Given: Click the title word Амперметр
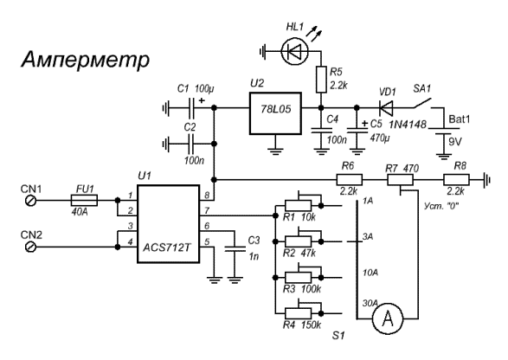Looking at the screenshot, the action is pyautogui.click(x=85, y=60).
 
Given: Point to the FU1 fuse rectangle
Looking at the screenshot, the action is pyautogui.click(x=84, y=201).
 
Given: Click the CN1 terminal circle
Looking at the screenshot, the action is pyautogui.click(x=31, y=201).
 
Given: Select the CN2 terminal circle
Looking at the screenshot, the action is pyautogui.click(x=31, y=247).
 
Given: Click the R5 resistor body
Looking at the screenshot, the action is pyautogui.click(x=321, y=80).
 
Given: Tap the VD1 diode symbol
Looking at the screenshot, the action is pyautogui.click(x=386, y=107).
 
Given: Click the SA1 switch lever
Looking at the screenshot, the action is pyautogui.click(x=422, y=102).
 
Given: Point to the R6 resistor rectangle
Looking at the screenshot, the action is pyautogui.click(x=350, y=179).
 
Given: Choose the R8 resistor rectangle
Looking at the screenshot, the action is pyautogui.click(x=456, y=179).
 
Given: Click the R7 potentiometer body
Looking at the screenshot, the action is pyautogui.click(x=400, y=179).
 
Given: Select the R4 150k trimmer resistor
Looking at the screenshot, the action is pyautogui.click(x=298, y=313).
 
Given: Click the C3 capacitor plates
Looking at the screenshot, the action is pyautogui.click(x=235, y=248).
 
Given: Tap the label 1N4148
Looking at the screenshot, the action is pyautogui.click(x=408, y=125).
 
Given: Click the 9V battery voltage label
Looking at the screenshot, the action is pyautogui.click(x=455, y=142).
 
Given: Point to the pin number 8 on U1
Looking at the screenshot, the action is pyautogui.click(x=207, y=196).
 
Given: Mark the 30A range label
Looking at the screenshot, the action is pyautogui.click(x=370, y=303).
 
